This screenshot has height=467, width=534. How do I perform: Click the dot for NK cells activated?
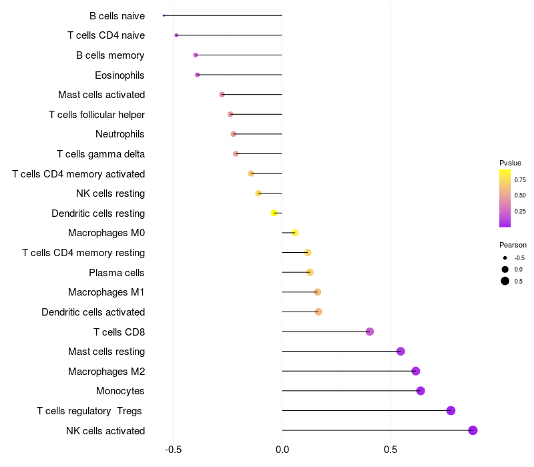point(473,430)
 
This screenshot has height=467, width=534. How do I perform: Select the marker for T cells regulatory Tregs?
point(451,411)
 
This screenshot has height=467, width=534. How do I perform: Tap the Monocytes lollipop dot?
point(421,391)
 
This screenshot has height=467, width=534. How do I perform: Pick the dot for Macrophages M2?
point(416,371)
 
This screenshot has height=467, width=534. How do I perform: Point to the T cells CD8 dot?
point(370,332)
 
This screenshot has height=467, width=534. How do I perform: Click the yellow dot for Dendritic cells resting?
point(274,213)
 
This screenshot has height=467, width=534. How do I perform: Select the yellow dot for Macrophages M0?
point(295,233)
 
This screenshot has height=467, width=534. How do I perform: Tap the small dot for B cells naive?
point(164,15)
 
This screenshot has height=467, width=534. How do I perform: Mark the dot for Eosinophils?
point(197,75)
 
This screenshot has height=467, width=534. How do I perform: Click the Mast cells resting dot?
point(400,352)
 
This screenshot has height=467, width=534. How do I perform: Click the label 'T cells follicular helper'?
point(97,115)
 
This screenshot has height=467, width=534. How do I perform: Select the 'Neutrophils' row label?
point(120,134)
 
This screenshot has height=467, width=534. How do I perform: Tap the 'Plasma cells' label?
point(117,273)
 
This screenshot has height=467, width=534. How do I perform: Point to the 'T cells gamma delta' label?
point(101,154)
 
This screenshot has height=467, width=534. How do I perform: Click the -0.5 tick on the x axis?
point(174,450)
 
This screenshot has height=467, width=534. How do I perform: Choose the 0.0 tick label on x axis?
point(282,450)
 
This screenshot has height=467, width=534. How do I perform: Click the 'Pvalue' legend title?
point(510,163)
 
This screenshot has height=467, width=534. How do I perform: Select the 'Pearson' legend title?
point(513,245)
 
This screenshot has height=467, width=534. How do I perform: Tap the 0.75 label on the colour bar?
point(520,179)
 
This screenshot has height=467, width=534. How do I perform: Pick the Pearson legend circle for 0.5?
point(505,281)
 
